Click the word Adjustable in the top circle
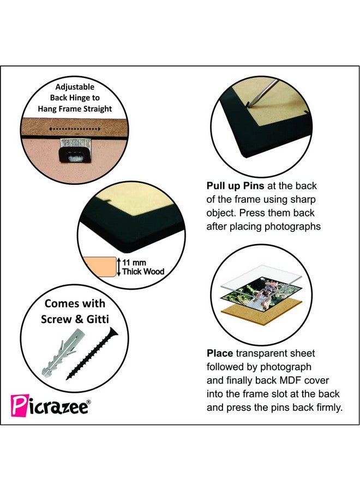click(75, 87)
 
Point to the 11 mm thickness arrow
click(118, 267)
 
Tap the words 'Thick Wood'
click(143, 272)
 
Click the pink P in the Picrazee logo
click(17, 406)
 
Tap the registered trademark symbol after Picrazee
click(90, 402)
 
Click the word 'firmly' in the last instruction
click(327, 408)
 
